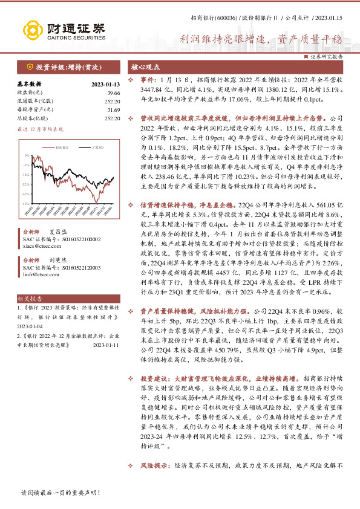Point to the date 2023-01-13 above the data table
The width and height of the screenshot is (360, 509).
pos(106,84)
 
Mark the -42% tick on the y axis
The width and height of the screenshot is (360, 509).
pos(26,204)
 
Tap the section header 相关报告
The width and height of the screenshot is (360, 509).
pos(29,299)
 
